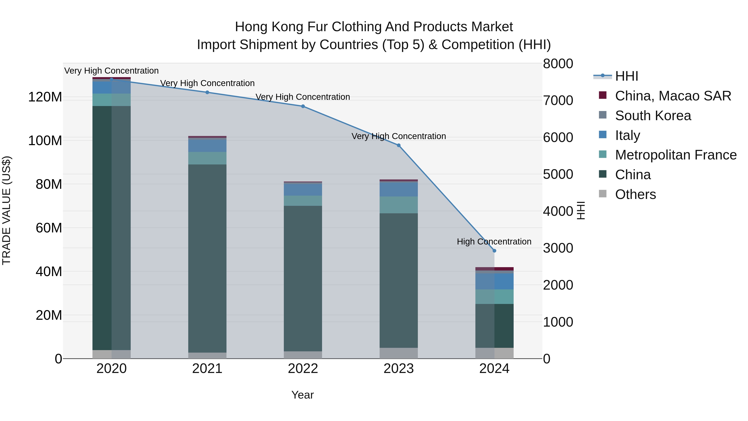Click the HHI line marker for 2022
point(303,106)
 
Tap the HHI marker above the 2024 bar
point(494,251)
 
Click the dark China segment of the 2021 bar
point(207,259)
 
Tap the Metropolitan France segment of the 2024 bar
point(494,297)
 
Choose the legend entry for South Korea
point(653,116)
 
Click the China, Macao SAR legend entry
point(673,96)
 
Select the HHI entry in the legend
point(626,76)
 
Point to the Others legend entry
point(635,194)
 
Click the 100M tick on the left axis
point(45,141)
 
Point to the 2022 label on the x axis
point(303,369)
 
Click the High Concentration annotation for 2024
point(494,241)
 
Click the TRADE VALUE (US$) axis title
point(6,210)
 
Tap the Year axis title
point(302,395)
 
